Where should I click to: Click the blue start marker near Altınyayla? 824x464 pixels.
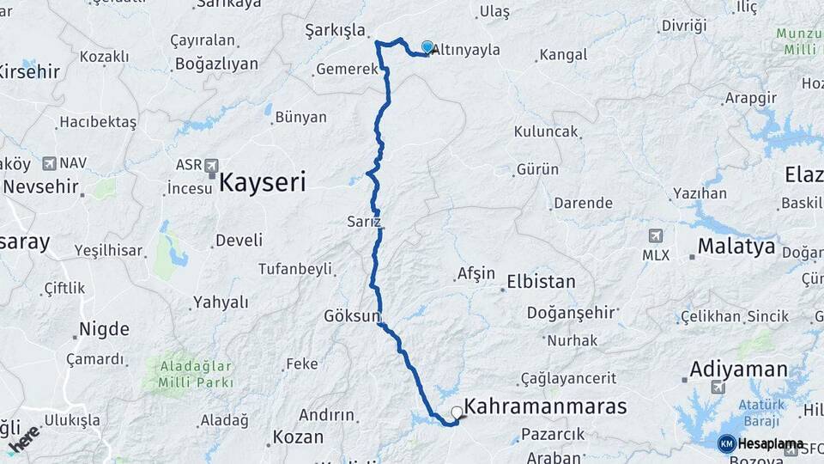(427, 46)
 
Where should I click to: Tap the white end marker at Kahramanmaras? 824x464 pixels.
(457, 412)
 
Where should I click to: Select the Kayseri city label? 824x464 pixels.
(263, 181)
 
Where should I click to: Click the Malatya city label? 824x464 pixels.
(736, 247)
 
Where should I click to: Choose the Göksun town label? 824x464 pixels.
(351, 316)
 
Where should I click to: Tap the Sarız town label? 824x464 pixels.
(364, 221)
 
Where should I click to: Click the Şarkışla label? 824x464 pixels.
(336, 31)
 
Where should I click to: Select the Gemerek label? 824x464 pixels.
(347, 70)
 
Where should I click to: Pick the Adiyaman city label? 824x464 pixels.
(739, 369)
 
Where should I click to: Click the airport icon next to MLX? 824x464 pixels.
(657, 235)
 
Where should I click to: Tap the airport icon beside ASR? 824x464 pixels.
(211, 164)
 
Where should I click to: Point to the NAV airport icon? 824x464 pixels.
(48, 162)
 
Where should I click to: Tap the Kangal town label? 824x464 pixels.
(563, 55)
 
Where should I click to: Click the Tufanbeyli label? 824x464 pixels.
(295, 269)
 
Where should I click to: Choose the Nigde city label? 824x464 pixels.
(104, 328)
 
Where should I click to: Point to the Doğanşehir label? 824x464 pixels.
(571, 313)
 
